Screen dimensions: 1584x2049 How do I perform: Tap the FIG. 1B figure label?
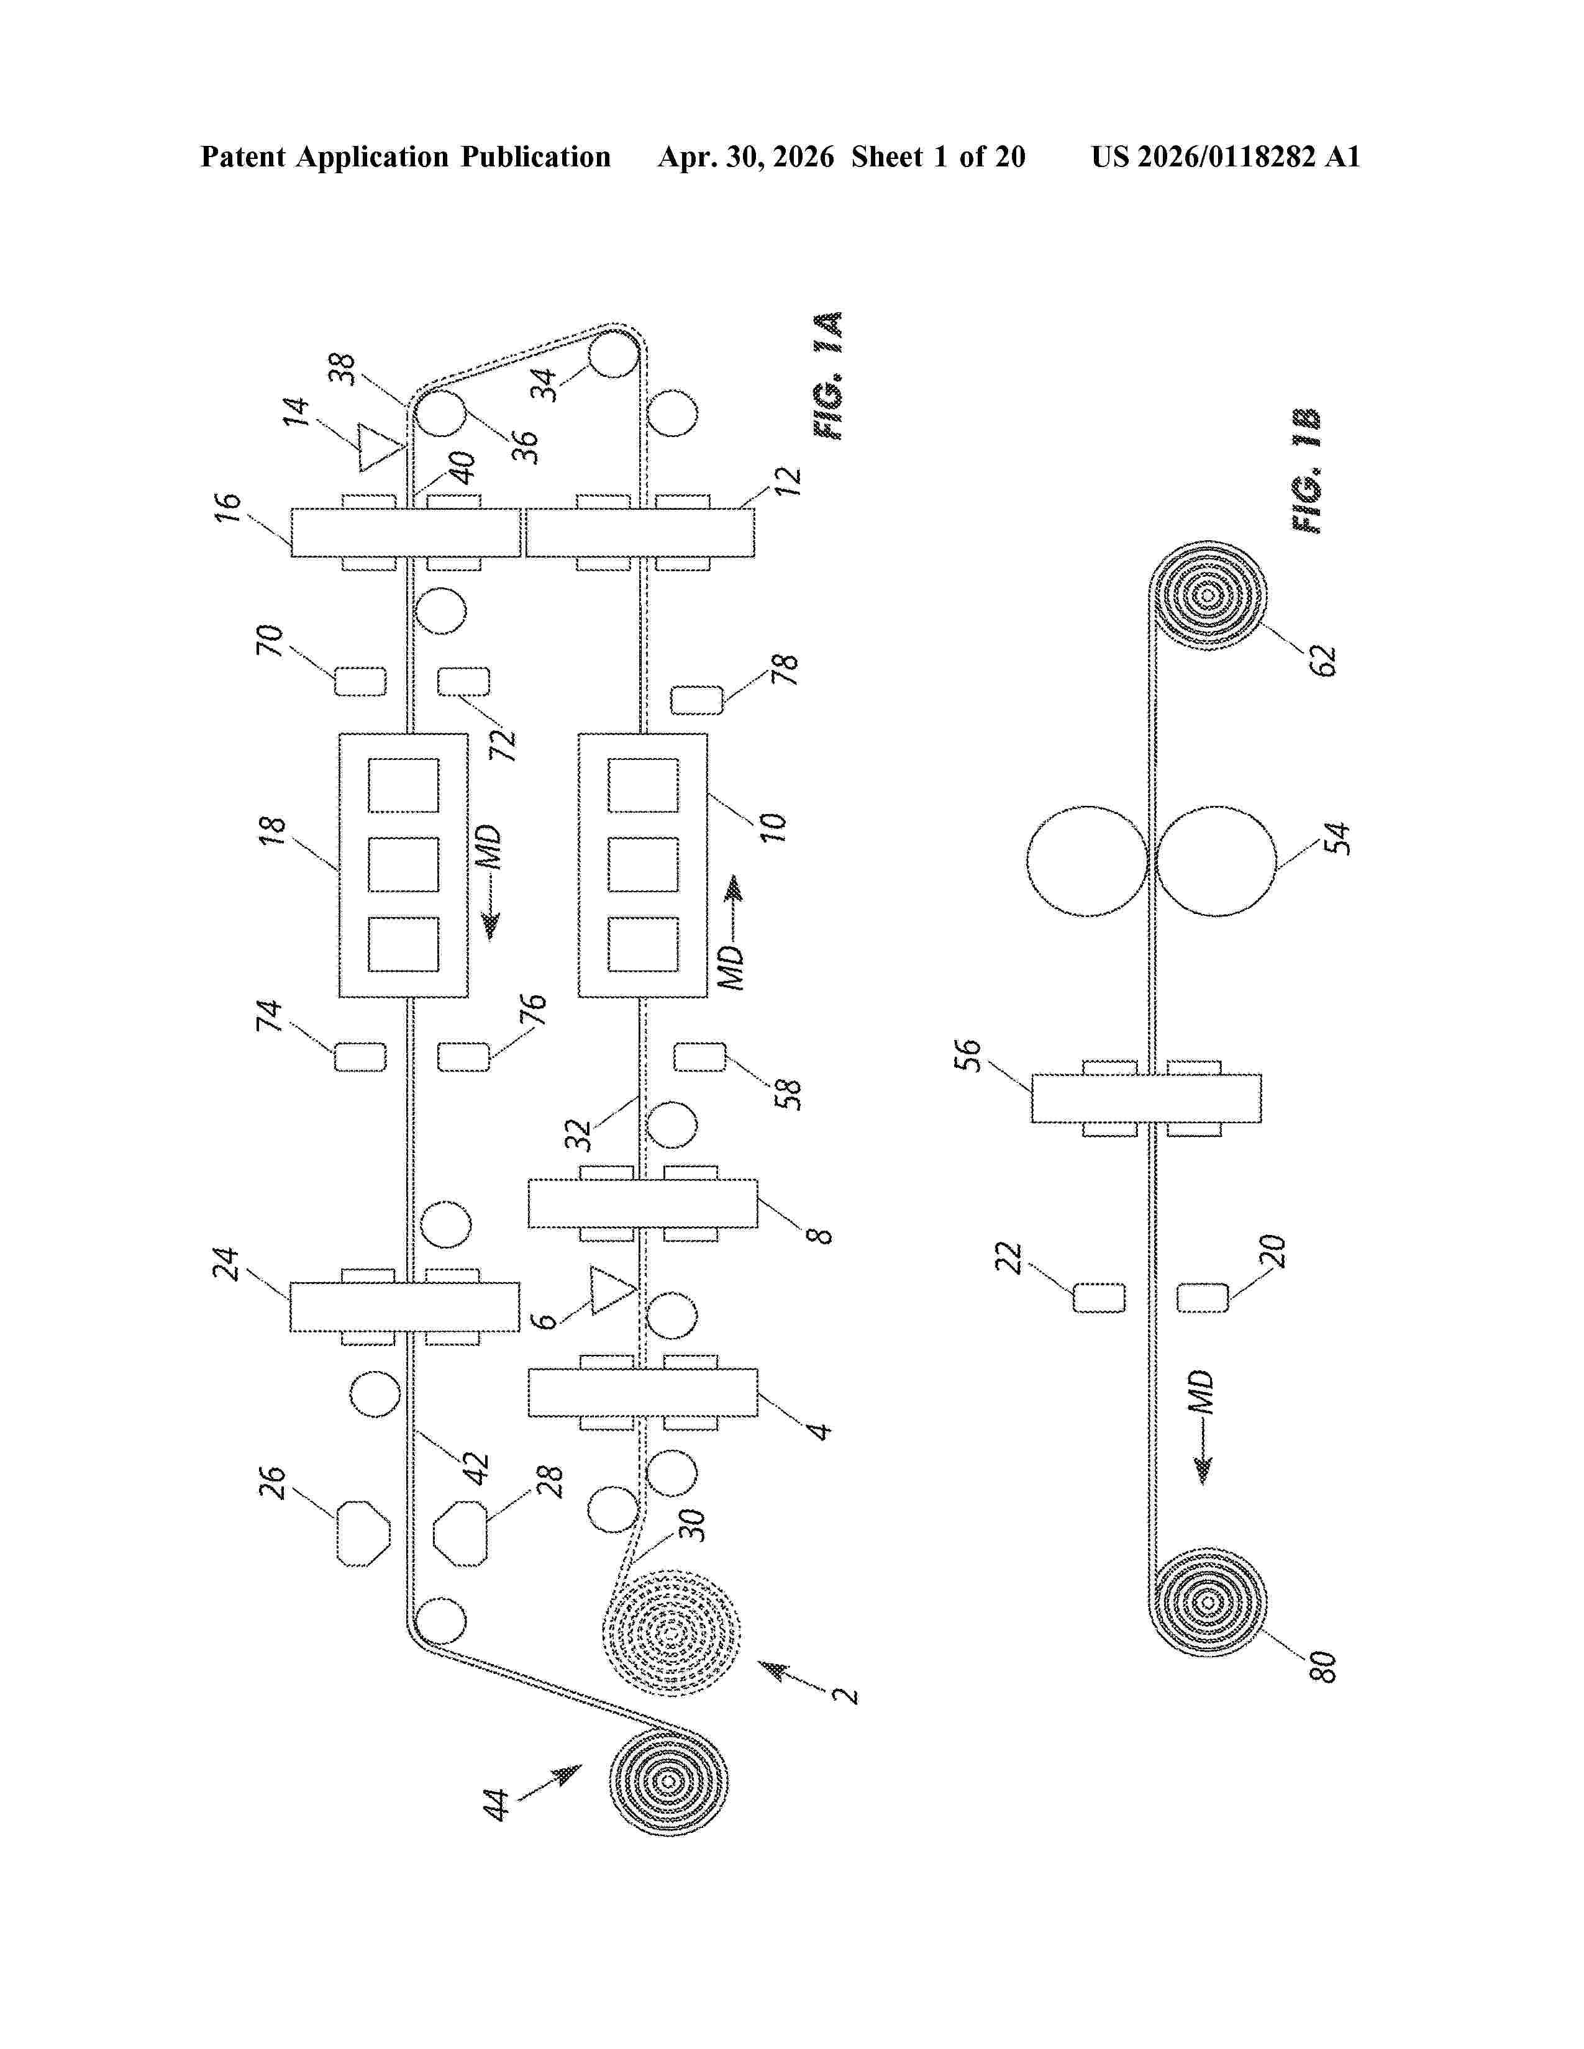(x=1307, y=471)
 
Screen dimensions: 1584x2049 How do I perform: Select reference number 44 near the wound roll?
(x=496, y=1804)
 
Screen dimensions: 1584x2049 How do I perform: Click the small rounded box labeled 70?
(x=360, y=681)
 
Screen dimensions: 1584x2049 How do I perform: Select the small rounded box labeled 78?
(x=697, y=700)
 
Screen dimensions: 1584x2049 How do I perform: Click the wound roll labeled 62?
(x=1208, y=595)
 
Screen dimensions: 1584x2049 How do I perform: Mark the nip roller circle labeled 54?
(x=1216, y=861)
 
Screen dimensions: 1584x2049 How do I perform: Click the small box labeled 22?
(x=1099, y=1298)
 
